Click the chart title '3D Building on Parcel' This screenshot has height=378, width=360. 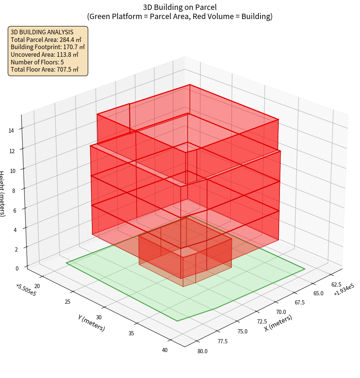180,7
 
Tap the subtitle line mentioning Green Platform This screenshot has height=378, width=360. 180,16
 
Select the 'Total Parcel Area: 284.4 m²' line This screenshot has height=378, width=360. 46,39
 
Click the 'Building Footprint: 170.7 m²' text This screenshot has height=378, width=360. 48,47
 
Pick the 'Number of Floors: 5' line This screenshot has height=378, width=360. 37,62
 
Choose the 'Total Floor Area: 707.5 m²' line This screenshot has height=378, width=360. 45,70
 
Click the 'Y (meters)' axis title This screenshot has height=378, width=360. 91,323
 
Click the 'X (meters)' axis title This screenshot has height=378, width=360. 278,323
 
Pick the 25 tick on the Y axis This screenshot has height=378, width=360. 67,302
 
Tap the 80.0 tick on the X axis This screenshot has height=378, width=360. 202,351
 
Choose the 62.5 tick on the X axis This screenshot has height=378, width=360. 336,285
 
